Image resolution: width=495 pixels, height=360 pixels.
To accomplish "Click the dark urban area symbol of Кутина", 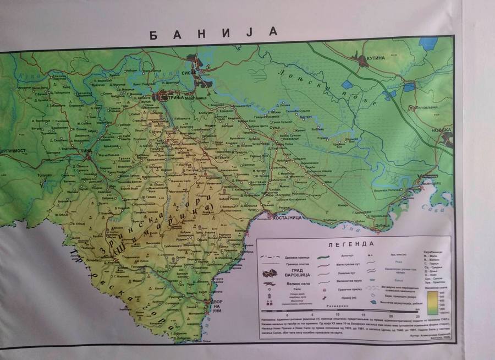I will [x=363, y=60].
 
